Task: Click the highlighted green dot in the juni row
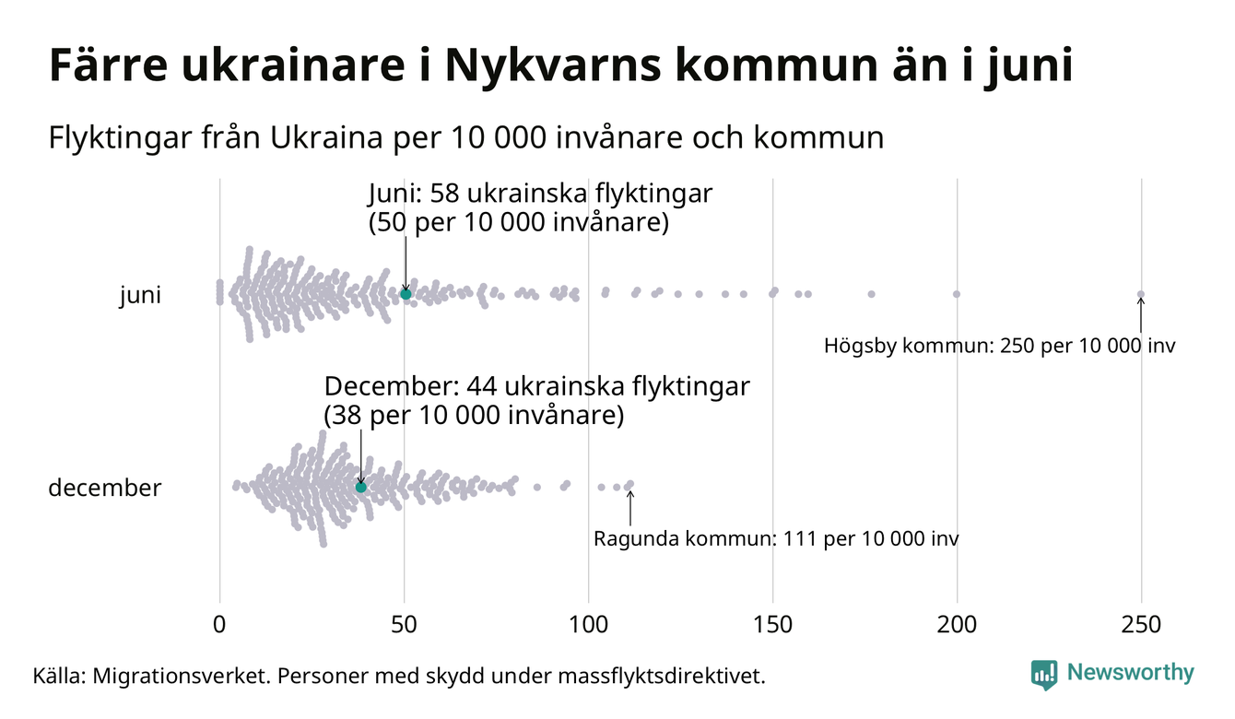(x=406, y=294)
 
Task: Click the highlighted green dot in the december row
(x=361, y=487)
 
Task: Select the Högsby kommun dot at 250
(x=1141, y=295)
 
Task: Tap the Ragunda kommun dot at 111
(x=630, y=484)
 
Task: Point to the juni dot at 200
(x=957, y=294)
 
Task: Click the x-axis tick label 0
(x=219, y=625)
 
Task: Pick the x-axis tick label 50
(x=404, y=625)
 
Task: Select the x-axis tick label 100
(x=588, y=625)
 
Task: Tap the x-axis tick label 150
(x=772, y=625)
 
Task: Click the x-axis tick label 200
(x=957, y=625)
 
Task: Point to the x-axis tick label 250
(x=1141, y=625)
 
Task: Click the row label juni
(x=140, y=296)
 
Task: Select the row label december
(x=104, y=488)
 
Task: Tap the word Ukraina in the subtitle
(x=330, y=138)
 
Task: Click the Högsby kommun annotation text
(x=1000, y=347)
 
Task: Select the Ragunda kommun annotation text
(x=776, y=538)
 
